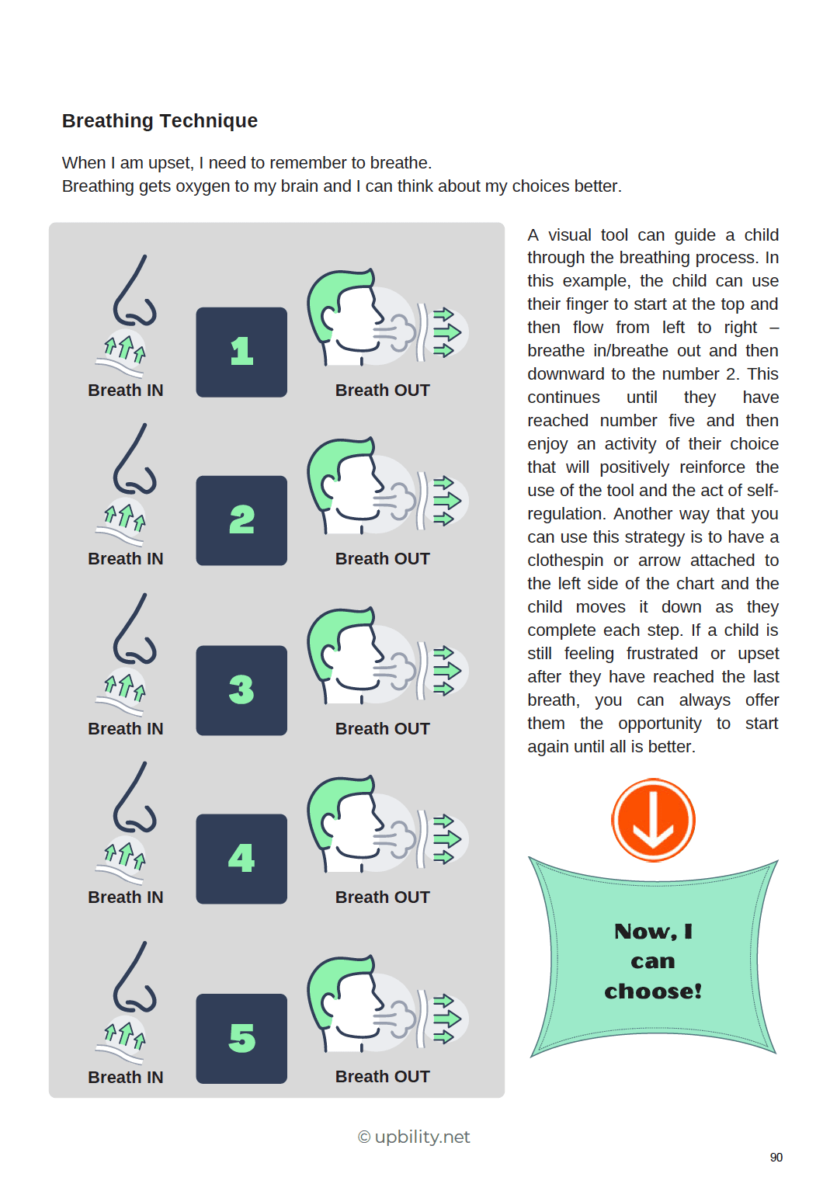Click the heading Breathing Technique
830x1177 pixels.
point(160,121)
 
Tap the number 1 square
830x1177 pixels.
point(241,352)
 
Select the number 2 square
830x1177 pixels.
point(241,521)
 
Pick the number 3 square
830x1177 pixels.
point(241,690)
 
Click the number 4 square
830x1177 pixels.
point(241,859)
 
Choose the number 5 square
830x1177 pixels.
point(241,1039)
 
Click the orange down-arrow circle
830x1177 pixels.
point(653,821)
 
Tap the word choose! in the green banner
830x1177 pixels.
point(653,991)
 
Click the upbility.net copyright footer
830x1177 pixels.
point(414,1137)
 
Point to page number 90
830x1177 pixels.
point(776,1158)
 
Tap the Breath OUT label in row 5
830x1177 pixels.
point(382,1077)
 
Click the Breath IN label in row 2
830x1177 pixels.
point(126,559)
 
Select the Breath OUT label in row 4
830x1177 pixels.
point(382,898)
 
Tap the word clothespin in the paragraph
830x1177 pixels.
point(564,561)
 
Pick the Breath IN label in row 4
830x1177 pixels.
point(126,898)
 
